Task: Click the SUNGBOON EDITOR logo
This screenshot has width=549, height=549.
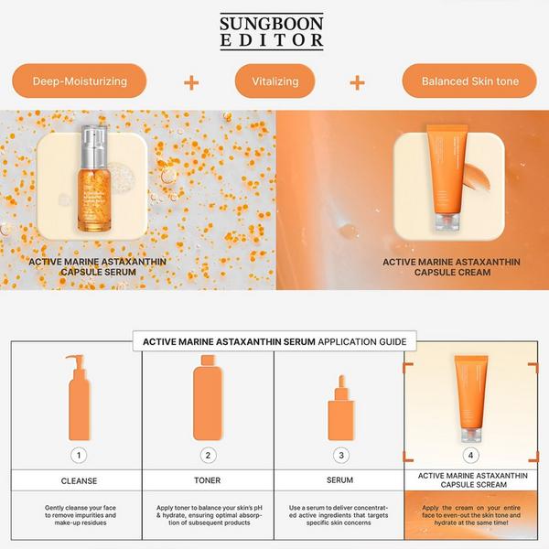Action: [x=272, y=30]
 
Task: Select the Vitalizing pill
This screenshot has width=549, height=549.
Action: [x=274, y=81]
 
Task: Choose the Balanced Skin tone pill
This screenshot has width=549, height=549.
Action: [x=469, y=81]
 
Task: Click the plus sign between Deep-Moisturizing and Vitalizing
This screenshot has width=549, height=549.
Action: [x=191, y=82]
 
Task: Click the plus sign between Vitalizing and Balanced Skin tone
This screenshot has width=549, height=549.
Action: [x=358, y=82]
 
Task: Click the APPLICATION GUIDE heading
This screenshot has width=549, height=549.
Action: [x=274, y=342]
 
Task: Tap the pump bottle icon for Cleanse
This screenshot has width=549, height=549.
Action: [x=79, y=398]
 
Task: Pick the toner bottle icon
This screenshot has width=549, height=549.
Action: [x=208, y=399]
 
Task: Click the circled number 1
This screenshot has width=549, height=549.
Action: [x=79, y=455]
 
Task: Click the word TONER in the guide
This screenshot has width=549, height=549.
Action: [x=208, y=480]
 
